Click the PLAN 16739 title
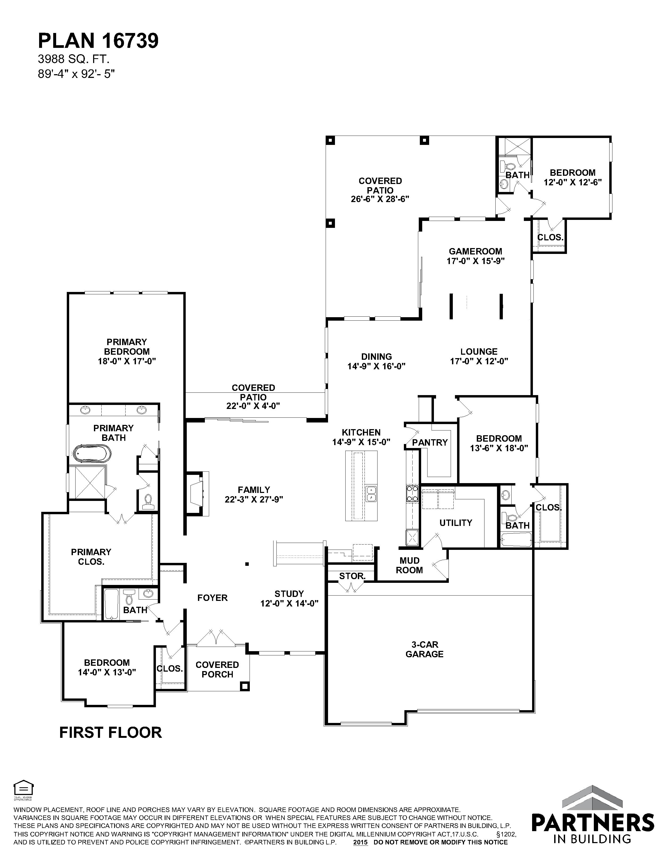coord(98,40)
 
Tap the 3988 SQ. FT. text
coord(73,59)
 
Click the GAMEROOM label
coord(475,251)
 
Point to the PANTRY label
coord(430,442)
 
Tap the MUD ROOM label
coord(409,565)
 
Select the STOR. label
coord(352,576)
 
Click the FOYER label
coord(212,598)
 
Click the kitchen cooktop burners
coord(412,494)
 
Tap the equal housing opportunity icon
coord(23,788)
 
